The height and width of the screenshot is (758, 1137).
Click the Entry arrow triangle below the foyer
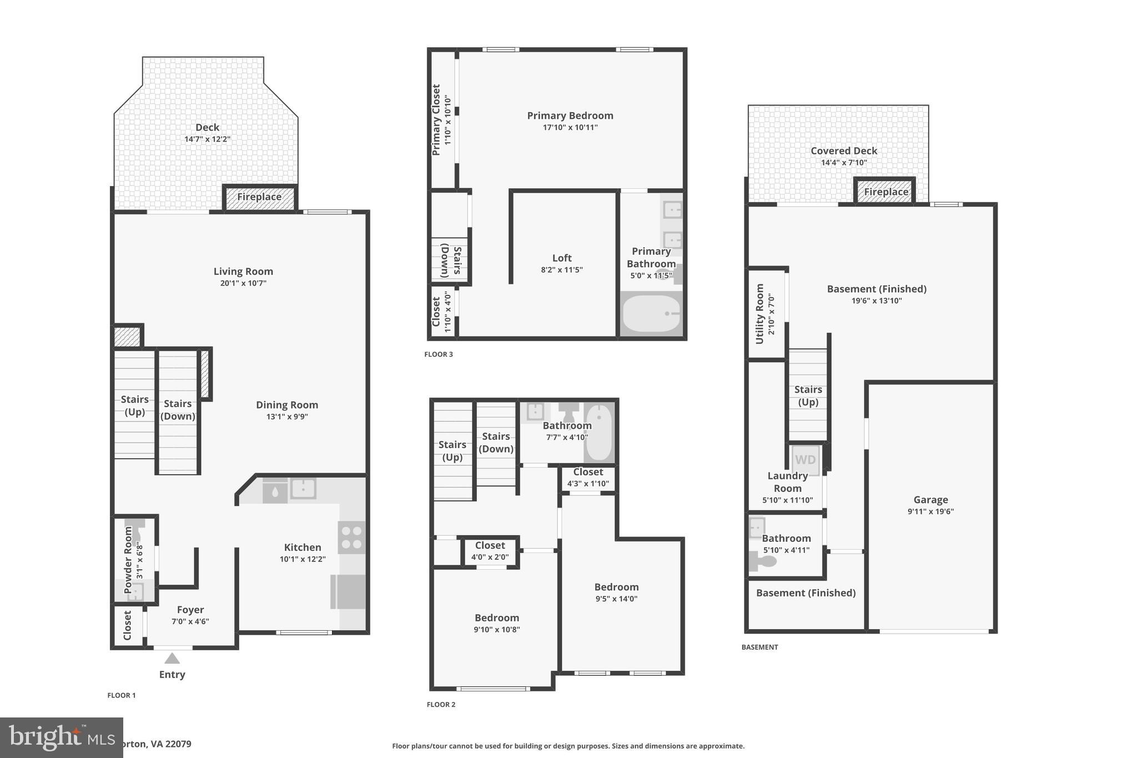(172, 659)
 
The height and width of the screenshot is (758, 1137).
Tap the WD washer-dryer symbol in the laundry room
(806, 460)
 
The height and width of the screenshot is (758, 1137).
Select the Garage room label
(930, 500)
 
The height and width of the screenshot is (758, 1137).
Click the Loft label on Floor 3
(562, 258)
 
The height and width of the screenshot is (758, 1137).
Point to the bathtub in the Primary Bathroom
(651, 314)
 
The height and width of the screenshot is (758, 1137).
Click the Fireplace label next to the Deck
(259, 197)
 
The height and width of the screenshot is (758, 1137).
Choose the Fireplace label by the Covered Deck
(886, 192)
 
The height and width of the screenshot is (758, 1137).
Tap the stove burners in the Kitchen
(352, 537)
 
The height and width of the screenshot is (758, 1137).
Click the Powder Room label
(129, 560)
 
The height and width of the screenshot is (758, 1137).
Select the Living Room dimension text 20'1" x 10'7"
(243, 283)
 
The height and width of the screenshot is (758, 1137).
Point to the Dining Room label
(287, 405)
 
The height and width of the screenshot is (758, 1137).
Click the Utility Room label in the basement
(760, 314)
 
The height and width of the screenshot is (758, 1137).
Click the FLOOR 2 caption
(441, 705)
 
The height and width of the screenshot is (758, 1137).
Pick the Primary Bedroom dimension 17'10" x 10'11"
(570, 128)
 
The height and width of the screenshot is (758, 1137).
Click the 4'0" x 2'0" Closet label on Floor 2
(490, 551)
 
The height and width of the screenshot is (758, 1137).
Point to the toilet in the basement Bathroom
(763, 562)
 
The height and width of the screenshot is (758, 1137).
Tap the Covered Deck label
(844, 150)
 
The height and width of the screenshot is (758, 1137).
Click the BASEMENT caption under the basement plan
(759, 647)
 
